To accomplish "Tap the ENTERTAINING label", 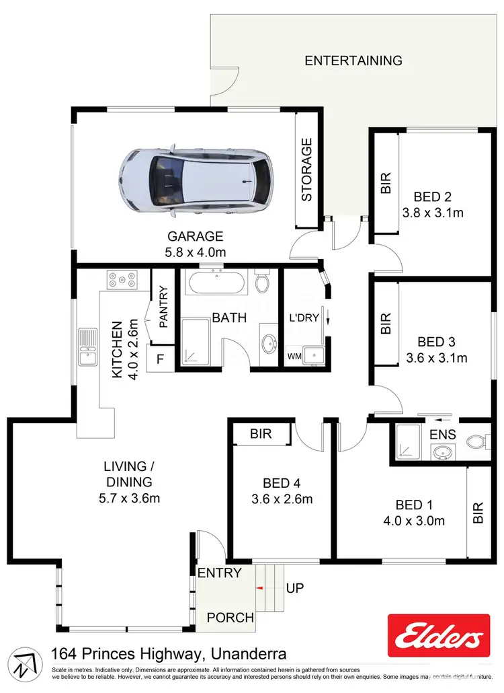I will point(353,61).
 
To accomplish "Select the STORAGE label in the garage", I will point(307,170).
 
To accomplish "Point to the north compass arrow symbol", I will point(24,662).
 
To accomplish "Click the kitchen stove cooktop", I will point(121,279).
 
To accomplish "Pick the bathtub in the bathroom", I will point(216,282).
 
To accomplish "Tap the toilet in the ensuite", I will point(477,442).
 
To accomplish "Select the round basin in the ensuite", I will point(442,453).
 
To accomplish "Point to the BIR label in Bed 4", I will point(261,434).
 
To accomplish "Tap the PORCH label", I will point(230,617).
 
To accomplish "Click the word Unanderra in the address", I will point(249,653).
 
